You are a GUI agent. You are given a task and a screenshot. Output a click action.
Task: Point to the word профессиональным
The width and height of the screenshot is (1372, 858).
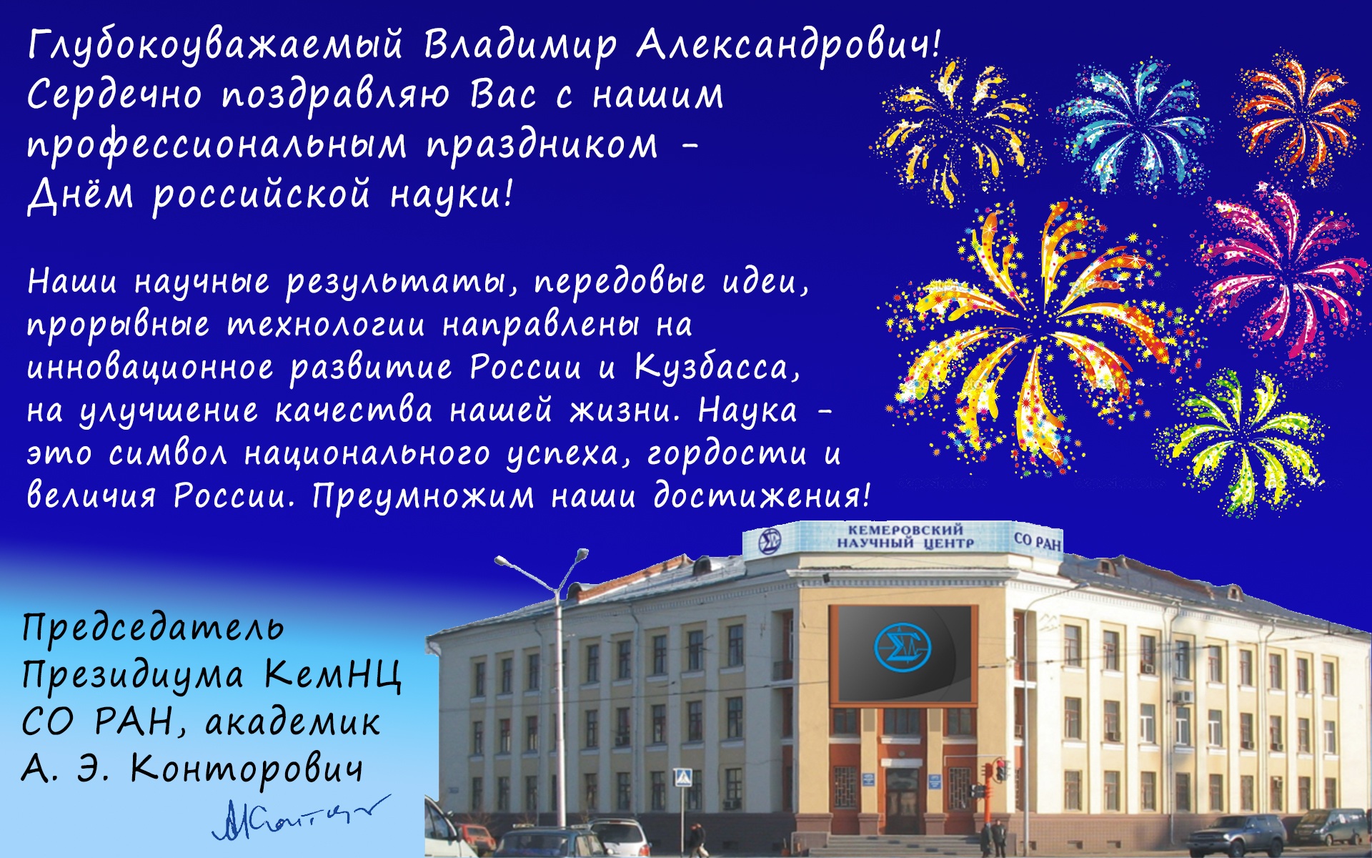tap(217, 146)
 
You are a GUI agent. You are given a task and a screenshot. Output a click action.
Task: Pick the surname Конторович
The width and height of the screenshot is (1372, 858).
tap(247, 771)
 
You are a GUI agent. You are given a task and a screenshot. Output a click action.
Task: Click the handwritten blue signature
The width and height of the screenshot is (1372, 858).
tap(300, 817)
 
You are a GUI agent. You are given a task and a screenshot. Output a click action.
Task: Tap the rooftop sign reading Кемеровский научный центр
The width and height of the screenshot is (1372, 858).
tap(905, 536)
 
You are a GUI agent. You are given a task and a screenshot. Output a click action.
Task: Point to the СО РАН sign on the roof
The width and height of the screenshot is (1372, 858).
tap(1038, 541)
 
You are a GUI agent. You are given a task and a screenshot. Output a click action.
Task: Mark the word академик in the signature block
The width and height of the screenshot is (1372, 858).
tap(292, 722)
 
